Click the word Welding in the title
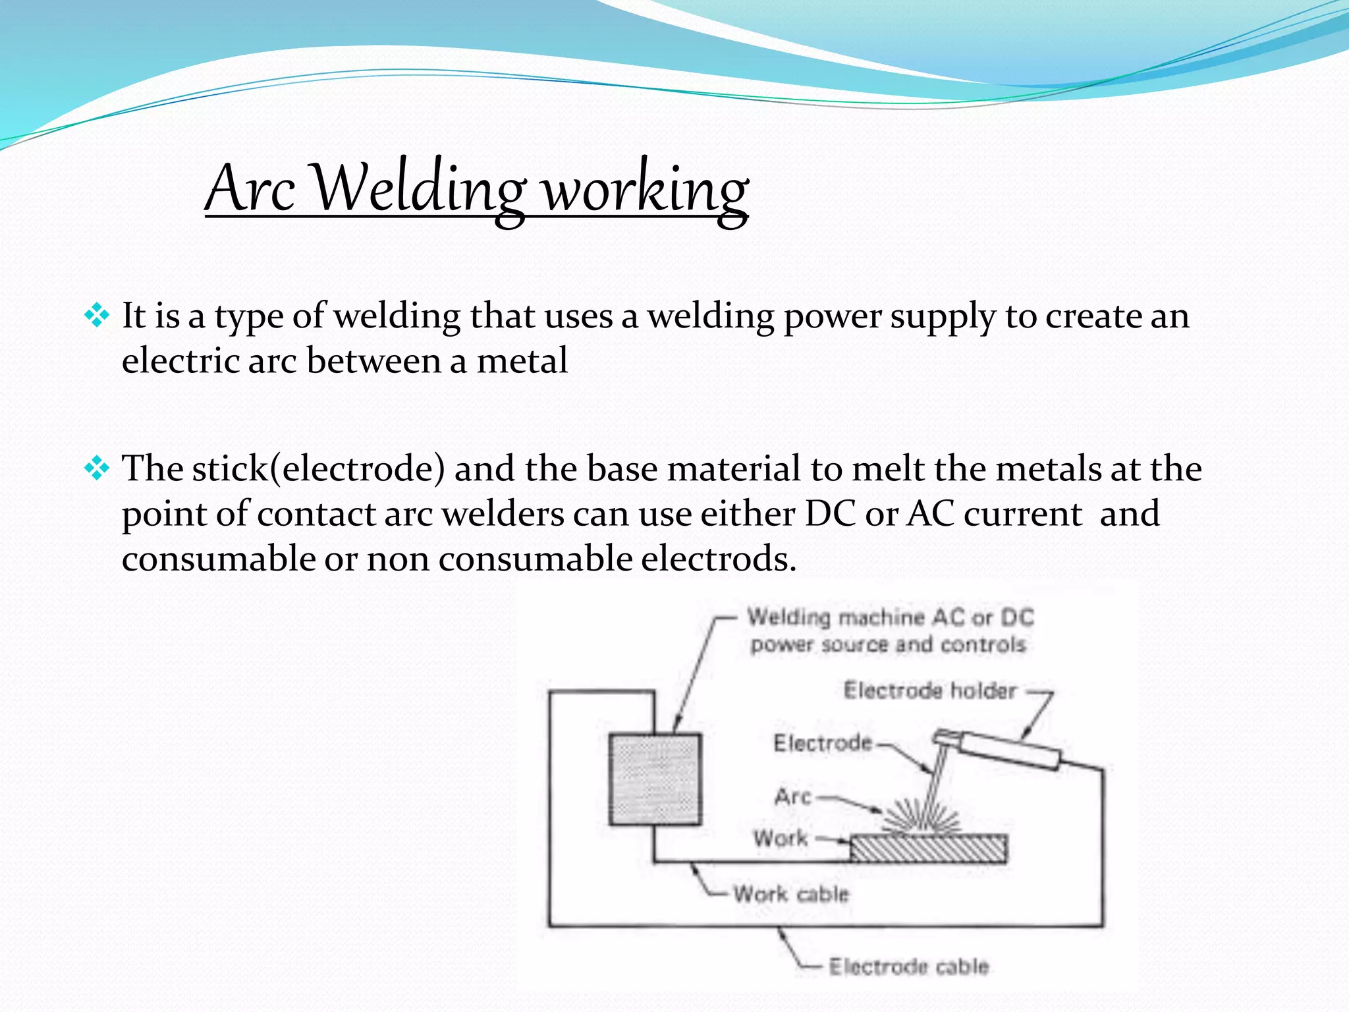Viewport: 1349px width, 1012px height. pyautogui.click(x=418, y=190)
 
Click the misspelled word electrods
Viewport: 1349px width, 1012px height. pyautogui.click(x=719, y=559)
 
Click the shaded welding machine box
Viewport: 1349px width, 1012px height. pyautogui.click(x=655, y=779)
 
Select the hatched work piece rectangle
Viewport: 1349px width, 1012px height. pyautogui.click(x=929, y=849)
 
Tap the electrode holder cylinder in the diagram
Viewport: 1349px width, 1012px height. pyautogui.click(x=1008, y=751)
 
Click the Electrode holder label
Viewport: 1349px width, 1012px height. pyautogui.click(x=930, y=690)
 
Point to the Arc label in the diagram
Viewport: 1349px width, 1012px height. pyautogui.click(x=792, y=797)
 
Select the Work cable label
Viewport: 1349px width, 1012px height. pyautogui.click(x=791, y=894)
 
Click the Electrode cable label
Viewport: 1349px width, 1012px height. pyautogui.click(x=909, y=967)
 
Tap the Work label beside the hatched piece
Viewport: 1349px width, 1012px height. pyautogui.click(x=781, y=839)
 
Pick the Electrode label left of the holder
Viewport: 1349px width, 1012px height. pyautogui.click(x=822, y=743)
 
